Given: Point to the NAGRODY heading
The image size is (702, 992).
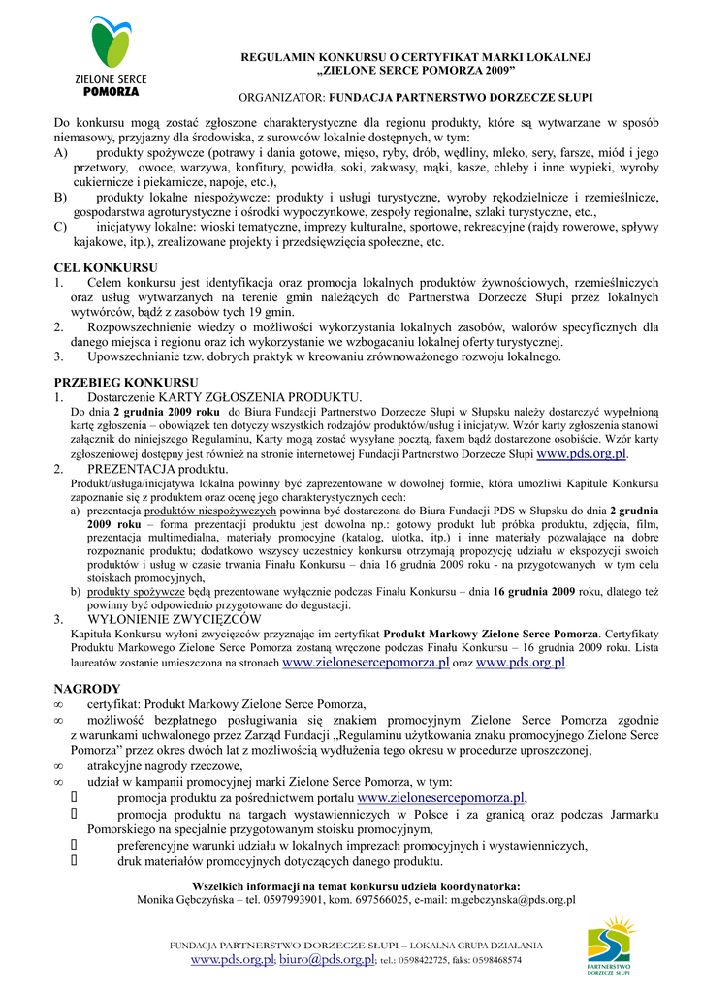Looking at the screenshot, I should click(x=87, y=688).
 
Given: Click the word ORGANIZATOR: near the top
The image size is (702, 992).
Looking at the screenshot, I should click(x=283, y=99).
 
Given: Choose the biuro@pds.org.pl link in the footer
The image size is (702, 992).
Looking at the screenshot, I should click(x=328, y=959).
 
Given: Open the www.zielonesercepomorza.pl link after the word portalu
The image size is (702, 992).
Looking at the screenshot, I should click(x=440, y=797).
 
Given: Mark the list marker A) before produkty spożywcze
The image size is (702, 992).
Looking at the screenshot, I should click(x=61, y=153).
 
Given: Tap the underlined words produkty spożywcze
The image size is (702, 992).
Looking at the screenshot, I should click(x=136, y=590).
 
